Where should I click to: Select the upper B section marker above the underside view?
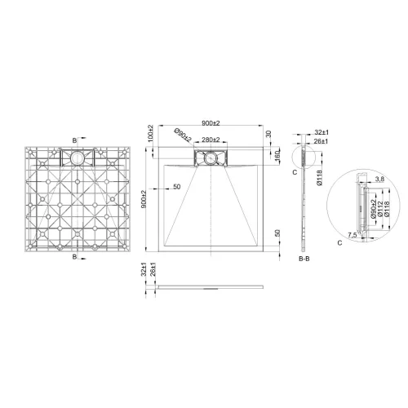tap(76, 139)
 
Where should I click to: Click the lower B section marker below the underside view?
tap(76, 257)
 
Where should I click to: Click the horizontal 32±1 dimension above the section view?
tap(322, 131)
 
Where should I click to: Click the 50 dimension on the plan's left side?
tap(176, 188)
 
